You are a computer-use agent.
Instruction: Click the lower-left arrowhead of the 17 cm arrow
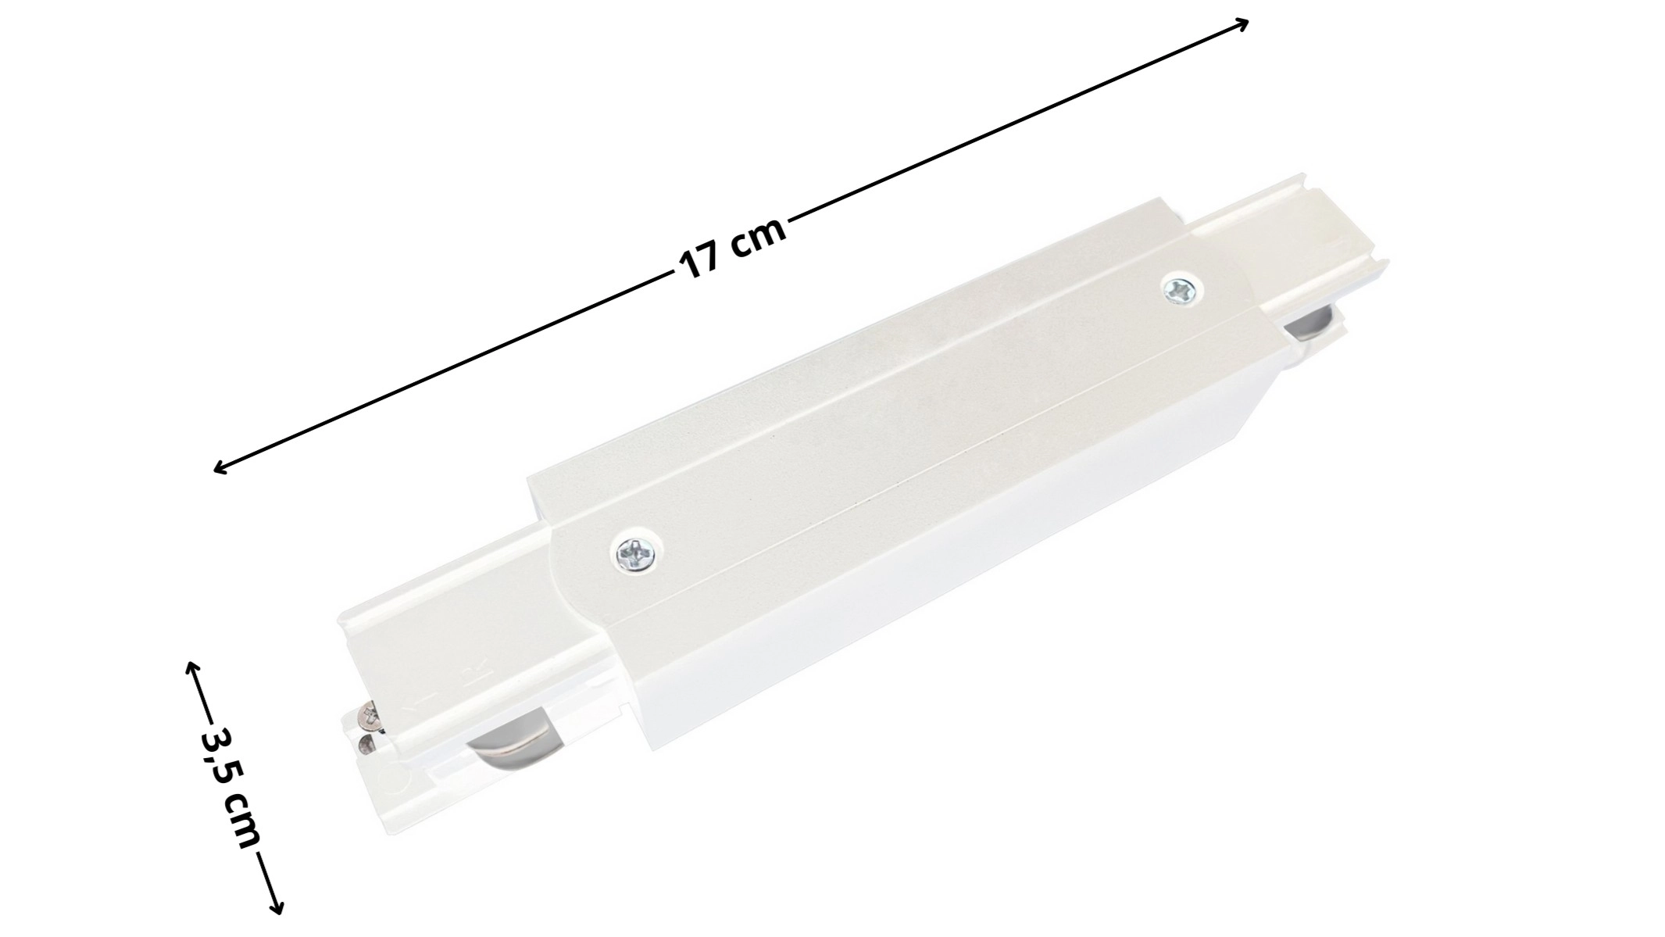(222, 466)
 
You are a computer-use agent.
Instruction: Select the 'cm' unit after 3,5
(241, 821)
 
